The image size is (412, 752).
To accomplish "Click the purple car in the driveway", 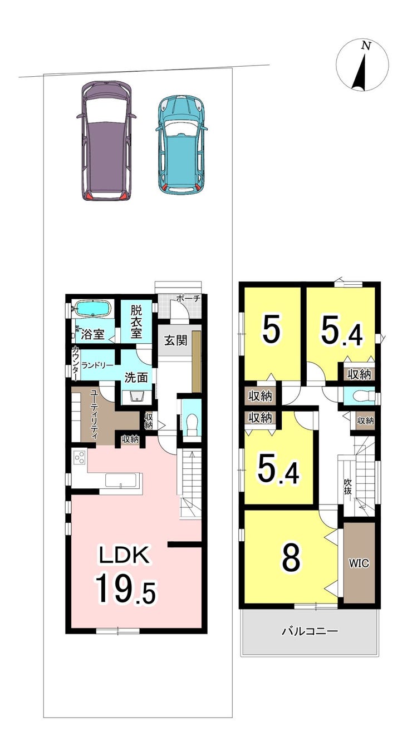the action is pyautogui.click(x=106, y=141).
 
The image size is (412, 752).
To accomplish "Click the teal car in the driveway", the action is pyautogui.click(x=182, y=145).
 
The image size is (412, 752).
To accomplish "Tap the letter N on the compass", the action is pyautogui.click(x=366, y=46).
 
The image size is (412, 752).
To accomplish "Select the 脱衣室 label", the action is pyautogui.click(x=136, y=321).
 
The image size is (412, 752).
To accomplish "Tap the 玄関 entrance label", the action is pyautogui.click(x=175, y=341).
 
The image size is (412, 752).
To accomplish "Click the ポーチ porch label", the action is pyautogui.click(x=189, y=298).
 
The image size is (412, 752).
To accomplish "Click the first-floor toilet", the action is pyautogui.click(x=192, y=422).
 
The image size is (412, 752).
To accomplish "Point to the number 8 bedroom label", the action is pyautogui.click(x=291, y=557).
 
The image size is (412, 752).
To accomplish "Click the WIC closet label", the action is pyautogui.click(x=359, y=563).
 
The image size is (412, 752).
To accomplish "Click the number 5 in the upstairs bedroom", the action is pyautogui.click(x=271, y=332).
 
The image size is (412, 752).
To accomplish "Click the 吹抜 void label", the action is pyautogui.click(x=347, y=487).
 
